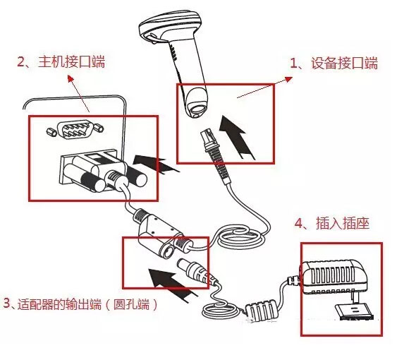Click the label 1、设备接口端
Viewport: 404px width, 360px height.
pos(334,64)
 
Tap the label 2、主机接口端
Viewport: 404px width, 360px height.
pos(61,62)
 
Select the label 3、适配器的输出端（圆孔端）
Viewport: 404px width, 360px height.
pos(80,304)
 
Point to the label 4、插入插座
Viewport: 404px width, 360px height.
pos(332,223)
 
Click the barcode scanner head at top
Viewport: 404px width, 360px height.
pos(170,25)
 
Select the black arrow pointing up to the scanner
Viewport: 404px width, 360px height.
pos(236,137)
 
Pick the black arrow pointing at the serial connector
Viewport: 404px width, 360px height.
pos(156,164)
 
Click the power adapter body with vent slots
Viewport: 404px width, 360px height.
pos(334,277)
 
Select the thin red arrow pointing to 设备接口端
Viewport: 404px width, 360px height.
pos(265,88)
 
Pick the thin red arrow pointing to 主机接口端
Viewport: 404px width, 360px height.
pos(78,93)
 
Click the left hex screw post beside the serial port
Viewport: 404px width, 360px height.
pos(51,131)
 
